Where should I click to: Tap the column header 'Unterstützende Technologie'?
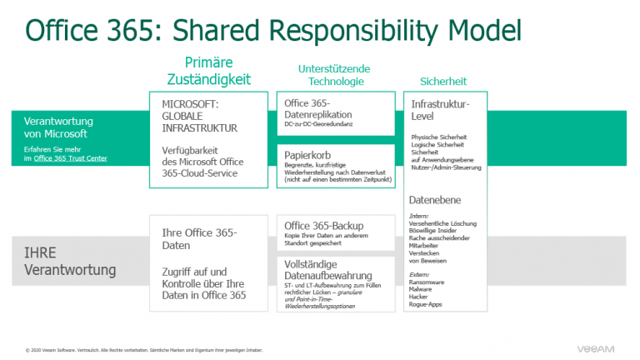[335, 74]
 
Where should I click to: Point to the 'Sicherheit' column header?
[442, 81]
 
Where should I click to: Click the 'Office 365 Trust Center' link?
[70, 157]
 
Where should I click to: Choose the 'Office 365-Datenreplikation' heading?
[318, 108]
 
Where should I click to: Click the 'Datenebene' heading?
[434, 200]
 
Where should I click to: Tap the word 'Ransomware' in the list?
[427, 282]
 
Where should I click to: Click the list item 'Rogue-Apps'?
[426, 304]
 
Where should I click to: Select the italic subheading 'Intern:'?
[419, 215]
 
